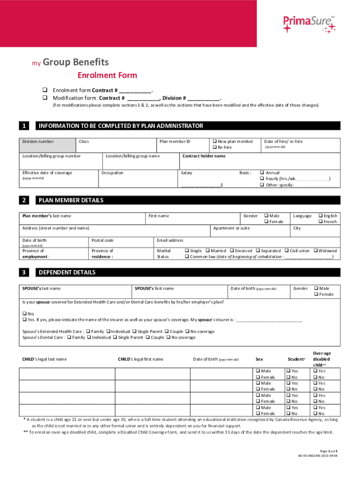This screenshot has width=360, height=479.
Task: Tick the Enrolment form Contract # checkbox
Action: [45, 90]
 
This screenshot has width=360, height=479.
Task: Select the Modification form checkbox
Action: [45, 98]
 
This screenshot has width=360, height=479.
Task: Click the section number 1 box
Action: [24, 126]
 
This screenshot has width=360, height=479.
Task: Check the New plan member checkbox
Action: [214, 141]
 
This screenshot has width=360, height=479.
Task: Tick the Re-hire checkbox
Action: [214, 147]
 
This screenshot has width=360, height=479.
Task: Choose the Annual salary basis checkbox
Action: [262, 173]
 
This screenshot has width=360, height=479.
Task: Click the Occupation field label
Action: [112, 173]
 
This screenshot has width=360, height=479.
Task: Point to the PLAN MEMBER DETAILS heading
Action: [71, 200]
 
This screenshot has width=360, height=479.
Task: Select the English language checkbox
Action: [321, 216]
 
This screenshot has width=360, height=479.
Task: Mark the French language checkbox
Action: [321, 222]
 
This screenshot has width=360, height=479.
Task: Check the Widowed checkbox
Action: [316, 251]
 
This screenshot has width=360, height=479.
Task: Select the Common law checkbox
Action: [187, 257]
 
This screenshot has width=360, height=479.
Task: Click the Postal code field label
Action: [102, 240]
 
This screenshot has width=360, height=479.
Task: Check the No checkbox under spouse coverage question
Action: [25, 313]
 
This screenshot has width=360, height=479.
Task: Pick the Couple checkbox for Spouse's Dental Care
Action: [149, 337]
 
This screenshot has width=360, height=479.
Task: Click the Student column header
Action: [296, 359]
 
